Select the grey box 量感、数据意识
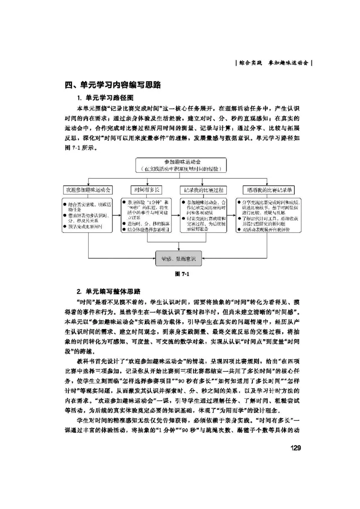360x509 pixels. pos(178,259)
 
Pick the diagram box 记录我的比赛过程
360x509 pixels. pos(204,190)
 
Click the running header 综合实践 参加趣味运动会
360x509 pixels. pos(274,63)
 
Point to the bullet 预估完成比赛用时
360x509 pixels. pos(85,228)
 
